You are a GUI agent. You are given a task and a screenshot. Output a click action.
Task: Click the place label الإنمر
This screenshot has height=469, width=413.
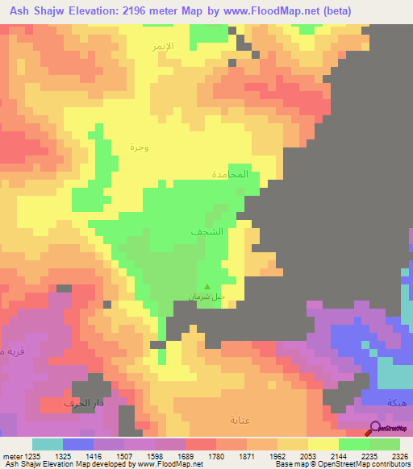pos(164,47)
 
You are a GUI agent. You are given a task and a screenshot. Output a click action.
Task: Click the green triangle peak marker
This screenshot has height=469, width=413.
pos(208,286)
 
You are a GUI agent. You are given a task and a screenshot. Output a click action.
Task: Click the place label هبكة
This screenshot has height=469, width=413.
pos(396,402)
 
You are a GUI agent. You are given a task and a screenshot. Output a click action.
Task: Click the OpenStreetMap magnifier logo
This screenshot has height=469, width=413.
pos(375,429)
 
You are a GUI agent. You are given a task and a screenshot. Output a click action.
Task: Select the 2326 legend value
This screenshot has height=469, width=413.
pos(401,455)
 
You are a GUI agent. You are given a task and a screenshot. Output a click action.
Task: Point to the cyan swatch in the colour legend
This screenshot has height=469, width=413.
pos(47,444)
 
